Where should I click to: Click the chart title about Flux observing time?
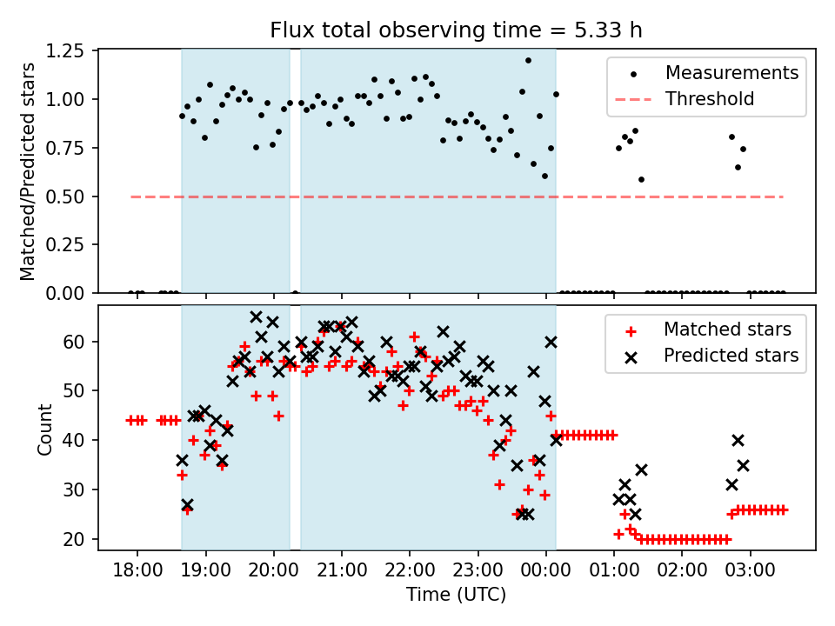click(x=457, y=31)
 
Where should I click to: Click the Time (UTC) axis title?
click(x=457, y=596)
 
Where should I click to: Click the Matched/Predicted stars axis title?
click(x=28, y=171)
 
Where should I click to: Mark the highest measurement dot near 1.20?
click(x=528, y=60)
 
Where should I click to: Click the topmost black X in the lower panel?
click(x=256, y=317)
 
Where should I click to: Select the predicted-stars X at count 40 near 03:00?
click(x=738, y=440)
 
